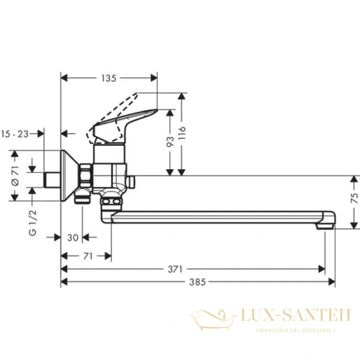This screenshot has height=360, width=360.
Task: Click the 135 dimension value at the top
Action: pos(108,78)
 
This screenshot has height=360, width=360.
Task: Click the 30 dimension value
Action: pos(73,238)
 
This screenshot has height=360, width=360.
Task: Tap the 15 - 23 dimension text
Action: pos(16,134)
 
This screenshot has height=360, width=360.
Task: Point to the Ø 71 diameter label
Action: pos(16,177)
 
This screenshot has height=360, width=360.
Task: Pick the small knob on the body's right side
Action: pos(133,180)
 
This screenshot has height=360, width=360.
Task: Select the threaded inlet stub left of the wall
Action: pos(53,179)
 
